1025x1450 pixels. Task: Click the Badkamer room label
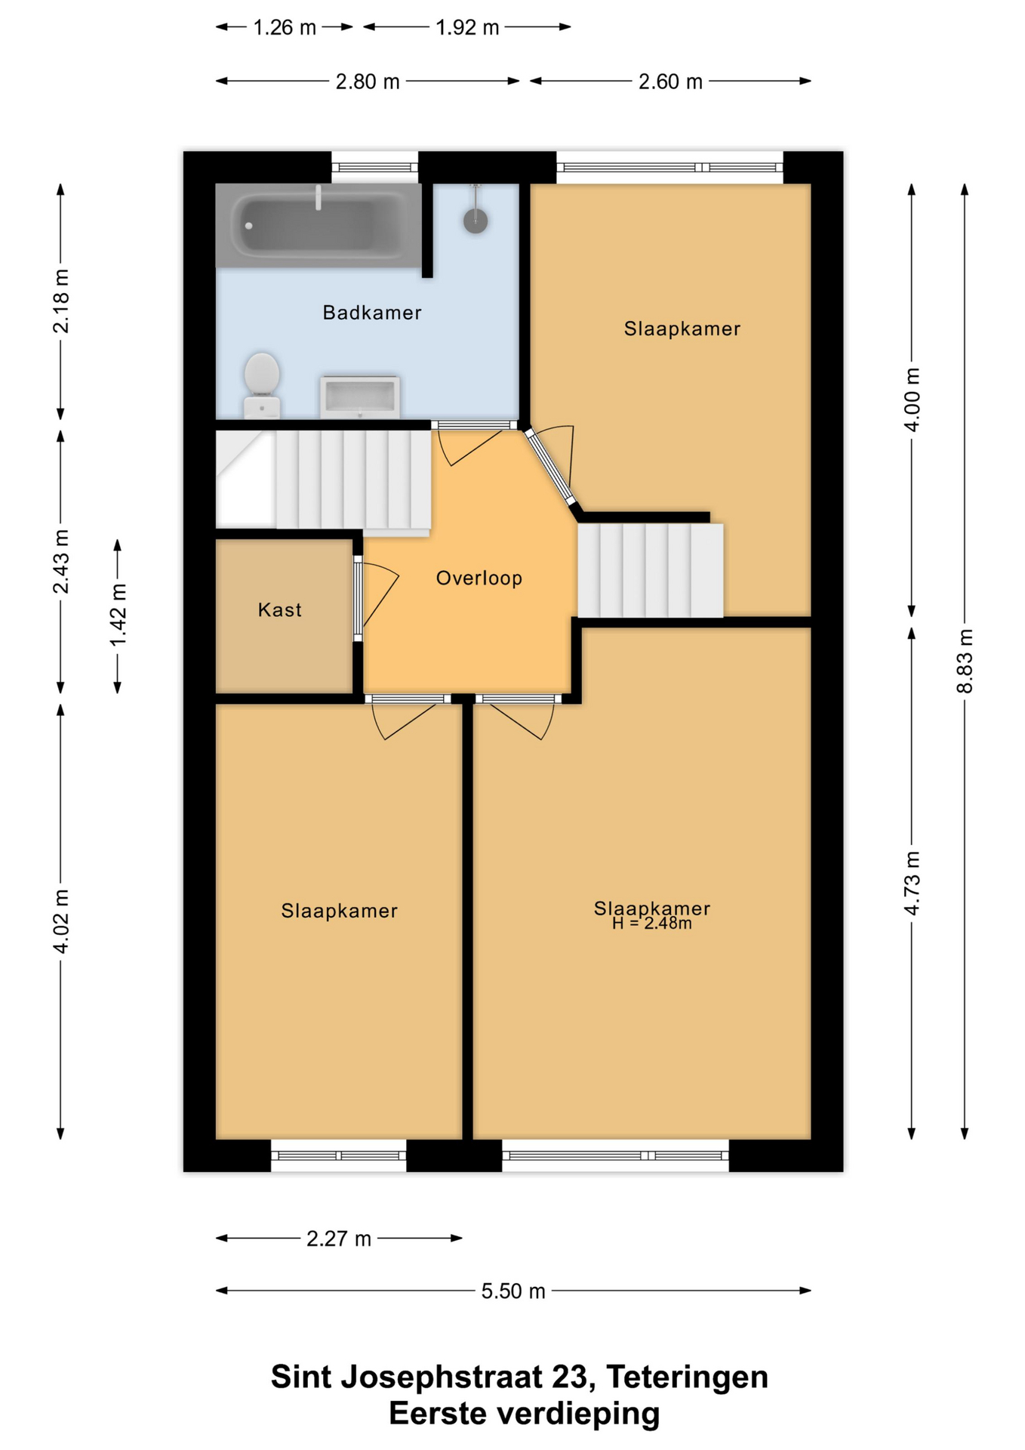click(371, 313)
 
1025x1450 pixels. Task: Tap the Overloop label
click(479, 578)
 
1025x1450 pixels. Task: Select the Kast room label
click(280, 610)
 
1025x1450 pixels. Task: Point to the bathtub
click(318, 225)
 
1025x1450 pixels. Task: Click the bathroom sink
click(360, 396)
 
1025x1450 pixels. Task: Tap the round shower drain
click(476, 221)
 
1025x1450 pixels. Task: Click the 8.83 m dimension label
click(965, 661)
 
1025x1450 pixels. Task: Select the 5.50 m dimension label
click(513, 1291)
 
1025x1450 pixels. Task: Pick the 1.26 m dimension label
click(285, 28)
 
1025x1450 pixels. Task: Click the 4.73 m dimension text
click(912, 883)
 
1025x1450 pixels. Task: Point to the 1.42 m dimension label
click(118, 615)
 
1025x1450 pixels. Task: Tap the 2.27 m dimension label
click(339, 1239)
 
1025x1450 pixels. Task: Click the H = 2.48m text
click(652, 924)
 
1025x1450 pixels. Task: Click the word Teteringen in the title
click(687, 1377)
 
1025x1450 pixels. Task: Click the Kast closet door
click(359, 599)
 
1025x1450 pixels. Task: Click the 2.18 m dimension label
click(60, 301)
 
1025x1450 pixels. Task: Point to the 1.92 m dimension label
click(467, 28)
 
